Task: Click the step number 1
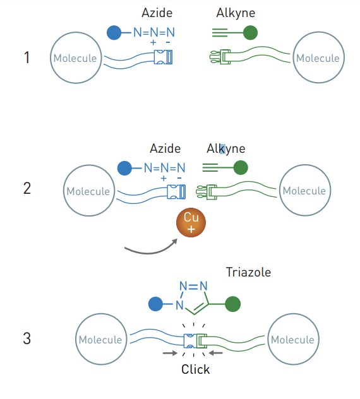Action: (27, 57)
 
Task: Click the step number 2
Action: (27, 188)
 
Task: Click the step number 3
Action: (27, 338)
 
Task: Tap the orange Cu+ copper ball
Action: (191, 223)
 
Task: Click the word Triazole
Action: (248, 272)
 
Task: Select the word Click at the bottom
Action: (196, 369)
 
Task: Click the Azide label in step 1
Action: (157, 13)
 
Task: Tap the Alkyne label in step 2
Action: (226, 148)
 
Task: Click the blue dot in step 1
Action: (114, 33)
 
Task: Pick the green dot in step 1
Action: (250, 33)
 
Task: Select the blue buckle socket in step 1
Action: (163, 57)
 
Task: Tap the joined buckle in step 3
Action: (195, 341)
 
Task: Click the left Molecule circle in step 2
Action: (89, 191)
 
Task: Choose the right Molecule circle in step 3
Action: (293, 339)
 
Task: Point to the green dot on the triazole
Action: (232, 304)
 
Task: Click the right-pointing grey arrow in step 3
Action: (170, 353)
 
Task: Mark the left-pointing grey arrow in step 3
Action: (215, 353)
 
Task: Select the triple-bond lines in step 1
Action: (220, 33)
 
